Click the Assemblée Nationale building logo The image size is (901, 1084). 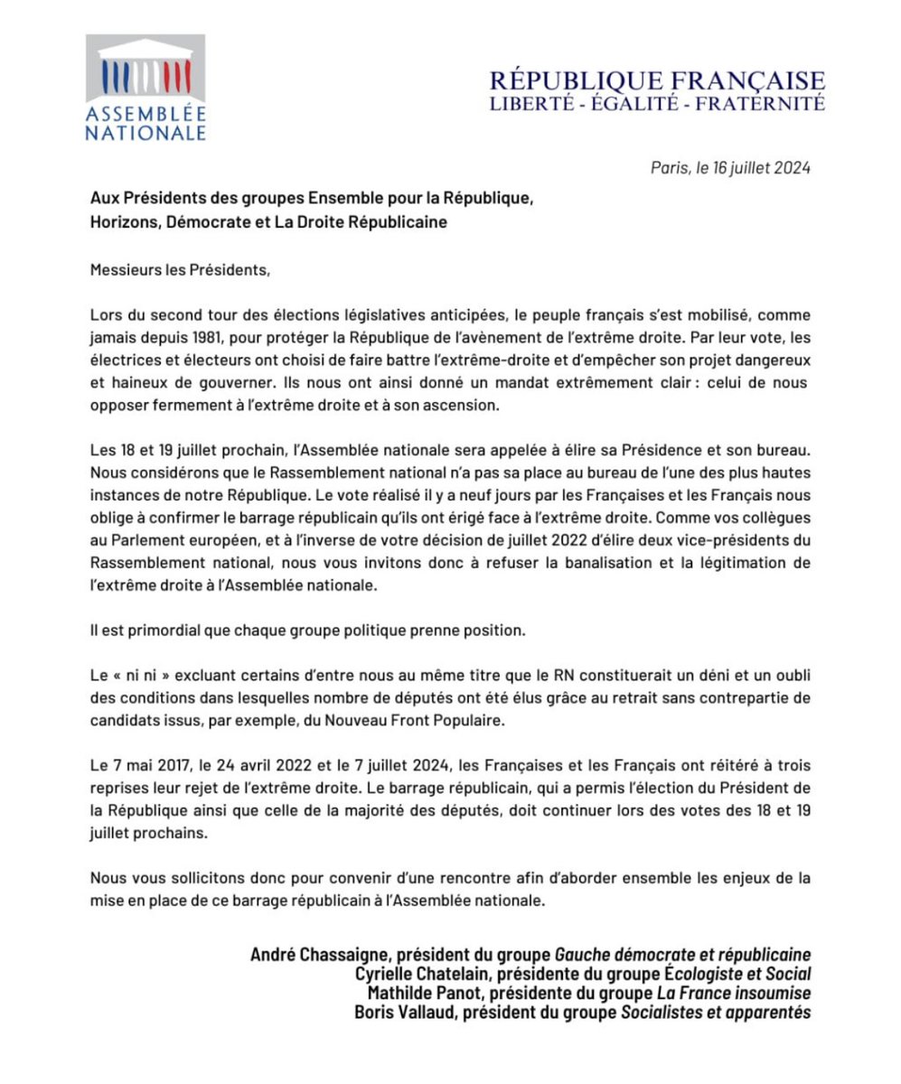click(145, 87)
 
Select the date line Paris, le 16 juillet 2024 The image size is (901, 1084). click(729, 167)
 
